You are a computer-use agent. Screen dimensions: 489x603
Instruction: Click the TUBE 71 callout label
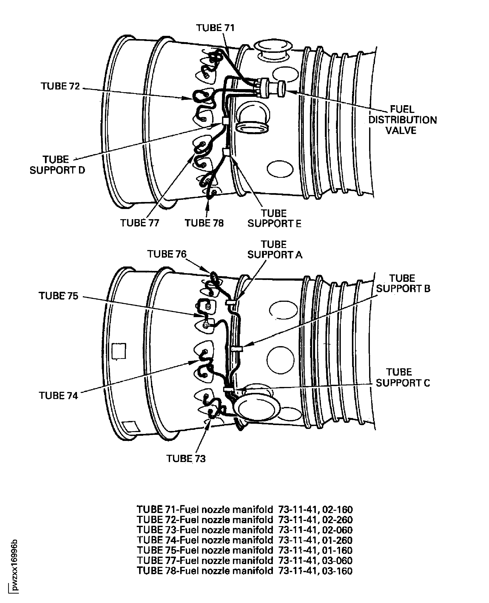tap(215, 28)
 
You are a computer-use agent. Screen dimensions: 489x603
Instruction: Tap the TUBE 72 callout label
tap(60, 86)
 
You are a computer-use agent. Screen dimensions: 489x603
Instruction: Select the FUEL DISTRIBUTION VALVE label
tap(403, 120)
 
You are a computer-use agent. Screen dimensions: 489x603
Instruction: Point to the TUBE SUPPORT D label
tap(57, 165)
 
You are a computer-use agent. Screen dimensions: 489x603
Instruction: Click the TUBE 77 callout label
tap(140, 223)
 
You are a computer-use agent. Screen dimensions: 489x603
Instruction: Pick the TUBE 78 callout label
tap(204, 223)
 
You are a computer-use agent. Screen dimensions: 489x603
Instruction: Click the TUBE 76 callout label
tap(167, 254)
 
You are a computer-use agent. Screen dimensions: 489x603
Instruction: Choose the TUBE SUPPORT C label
tap(403, 378)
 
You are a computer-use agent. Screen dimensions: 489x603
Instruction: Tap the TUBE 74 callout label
tap(58, 396)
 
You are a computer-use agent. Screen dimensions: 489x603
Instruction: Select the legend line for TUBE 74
tap(245, 540)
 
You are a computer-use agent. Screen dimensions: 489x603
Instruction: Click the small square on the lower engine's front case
tap(119, 351)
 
